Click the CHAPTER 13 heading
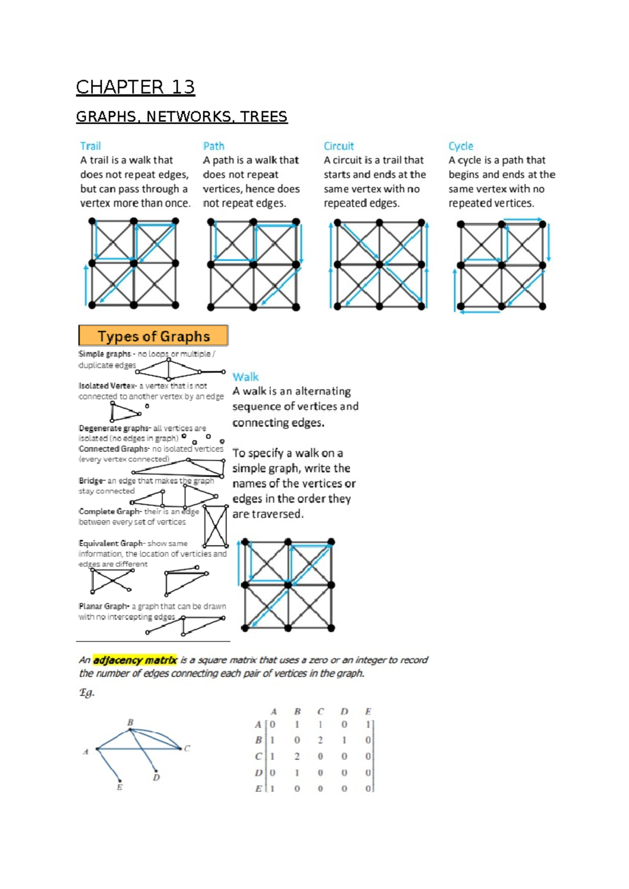(135, 87)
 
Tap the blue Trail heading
(90, 146)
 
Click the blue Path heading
(214, 146)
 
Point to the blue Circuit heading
(339, 146)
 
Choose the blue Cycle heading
(461, 146)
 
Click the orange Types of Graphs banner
(153, 336)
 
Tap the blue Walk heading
(245, 377)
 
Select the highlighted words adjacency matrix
(135, 660)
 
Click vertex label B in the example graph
(131, 722)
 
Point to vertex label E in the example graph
(120, 787)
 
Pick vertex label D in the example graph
(156, 777)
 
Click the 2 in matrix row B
(320, 740)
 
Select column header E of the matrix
(368, 711)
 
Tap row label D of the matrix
(258, 773)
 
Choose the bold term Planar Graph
(104, 606)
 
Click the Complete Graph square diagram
(215, 526)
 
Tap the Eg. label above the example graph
(86, 692)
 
